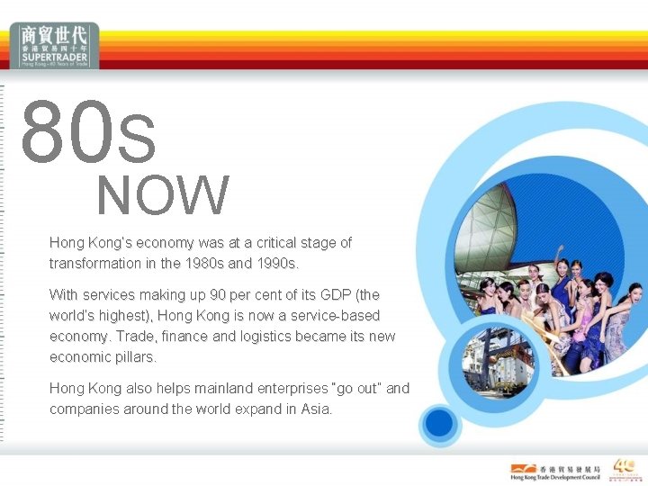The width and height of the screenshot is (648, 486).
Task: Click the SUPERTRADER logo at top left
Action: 56,46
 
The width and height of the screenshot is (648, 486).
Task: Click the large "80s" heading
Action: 88,133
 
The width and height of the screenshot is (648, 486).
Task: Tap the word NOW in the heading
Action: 163,195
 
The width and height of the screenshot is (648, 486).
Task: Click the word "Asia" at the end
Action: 315,409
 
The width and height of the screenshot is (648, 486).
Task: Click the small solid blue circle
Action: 440,422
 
